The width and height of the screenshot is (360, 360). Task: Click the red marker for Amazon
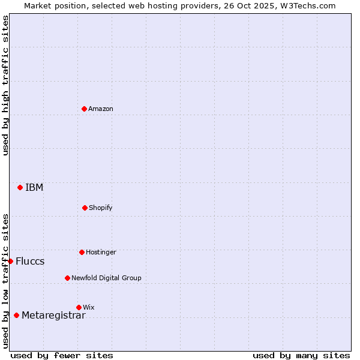(84, 109)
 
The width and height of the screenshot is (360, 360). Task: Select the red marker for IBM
(20, 187)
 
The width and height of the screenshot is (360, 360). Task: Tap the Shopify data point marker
(85, 208)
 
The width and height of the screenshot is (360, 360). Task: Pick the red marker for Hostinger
(82, 252)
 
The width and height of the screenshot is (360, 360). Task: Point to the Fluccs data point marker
(10, 261)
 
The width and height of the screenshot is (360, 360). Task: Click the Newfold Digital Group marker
(67, 278)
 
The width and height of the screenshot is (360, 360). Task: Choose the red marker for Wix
(79, 307)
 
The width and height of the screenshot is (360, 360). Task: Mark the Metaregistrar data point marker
(16, 315)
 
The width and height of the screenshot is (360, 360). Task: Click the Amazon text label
(101, 109)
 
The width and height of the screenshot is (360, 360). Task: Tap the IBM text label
(34, 187)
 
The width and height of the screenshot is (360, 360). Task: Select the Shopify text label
(101, 208)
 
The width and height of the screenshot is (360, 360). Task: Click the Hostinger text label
(101, 252)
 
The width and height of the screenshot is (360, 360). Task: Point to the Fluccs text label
(30, 261)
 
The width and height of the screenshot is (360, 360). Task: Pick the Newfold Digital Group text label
(106, 278)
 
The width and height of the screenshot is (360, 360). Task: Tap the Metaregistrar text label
(53, 315)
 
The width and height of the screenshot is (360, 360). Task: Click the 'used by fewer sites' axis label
(62, 355)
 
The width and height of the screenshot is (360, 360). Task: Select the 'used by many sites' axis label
(301, 355)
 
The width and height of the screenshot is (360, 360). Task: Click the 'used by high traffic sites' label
(5, 85)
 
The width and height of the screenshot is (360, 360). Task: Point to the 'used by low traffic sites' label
(5, 280)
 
